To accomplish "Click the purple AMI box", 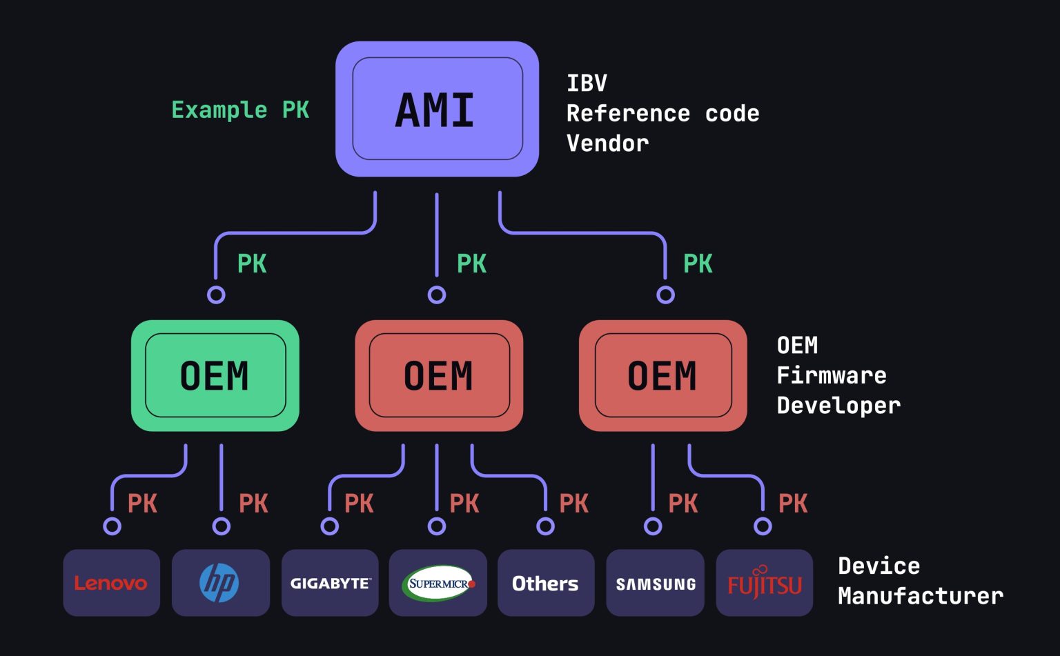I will [437, 109].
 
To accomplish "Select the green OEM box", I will [215, 375].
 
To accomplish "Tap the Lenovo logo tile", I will [111, 583].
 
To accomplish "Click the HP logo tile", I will [220, 583].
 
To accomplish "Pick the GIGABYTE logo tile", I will [330, 583].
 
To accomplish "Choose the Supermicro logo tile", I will [438, 583].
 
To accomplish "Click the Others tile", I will [545, 583].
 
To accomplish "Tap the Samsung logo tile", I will [655, 583].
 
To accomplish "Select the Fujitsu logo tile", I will [764, 583].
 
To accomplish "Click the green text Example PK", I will [239, 110].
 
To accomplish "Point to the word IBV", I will [587, 83].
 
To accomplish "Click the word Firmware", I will [831, 375].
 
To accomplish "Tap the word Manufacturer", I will [920, 596].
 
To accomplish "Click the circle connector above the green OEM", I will [216, 295].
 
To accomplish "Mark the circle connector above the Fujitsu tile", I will [763, 526].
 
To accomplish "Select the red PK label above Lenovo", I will [142, 504].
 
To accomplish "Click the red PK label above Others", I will [573, 504].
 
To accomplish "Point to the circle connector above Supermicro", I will [437, 526].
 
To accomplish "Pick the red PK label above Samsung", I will [683, 504].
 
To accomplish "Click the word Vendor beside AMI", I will [607, 143].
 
